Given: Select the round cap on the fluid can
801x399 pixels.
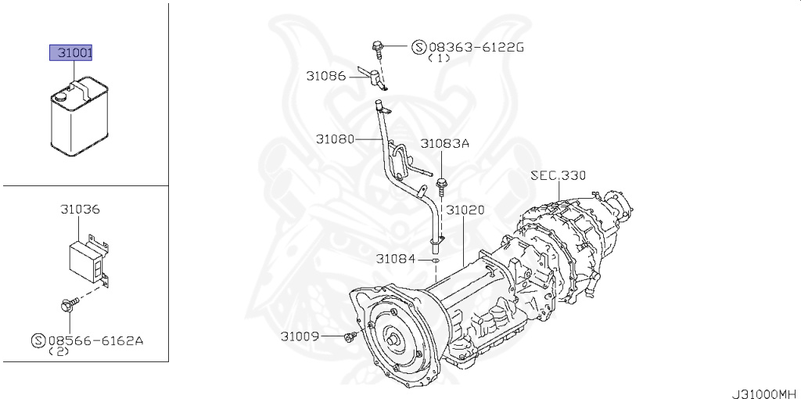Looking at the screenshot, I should click(x=60, y=98).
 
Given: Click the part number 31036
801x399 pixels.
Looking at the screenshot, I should click(x=80, y=210).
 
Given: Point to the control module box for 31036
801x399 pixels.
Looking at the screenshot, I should click(x=84, y=256).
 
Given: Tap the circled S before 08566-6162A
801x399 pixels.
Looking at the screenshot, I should click(x=38, y=340).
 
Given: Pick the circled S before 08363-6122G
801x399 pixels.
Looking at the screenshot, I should click(x=418, y=47).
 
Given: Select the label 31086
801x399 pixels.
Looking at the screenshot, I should click(x=325, y=76).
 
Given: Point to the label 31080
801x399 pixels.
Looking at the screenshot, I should click(x=336, y=139).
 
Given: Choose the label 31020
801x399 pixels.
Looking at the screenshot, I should click(x=465, y=210).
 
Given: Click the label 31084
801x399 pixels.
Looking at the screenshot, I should click(x=395, y=258).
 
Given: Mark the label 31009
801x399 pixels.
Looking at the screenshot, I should click(x=300, y=336).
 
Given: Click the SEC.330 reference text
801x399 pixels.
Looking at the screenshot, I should click(x=558, y=175).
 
